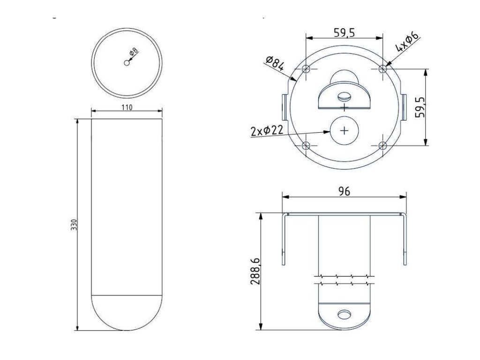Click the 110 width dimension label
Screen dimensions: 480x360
[x=127, y=107]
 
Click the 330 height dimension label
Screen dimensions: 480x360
[x=75, y=225]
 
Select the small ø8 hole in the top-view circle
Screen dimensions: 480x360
[x=127, y=63]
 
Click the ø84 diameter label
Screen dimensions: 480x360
[x=275, y=63]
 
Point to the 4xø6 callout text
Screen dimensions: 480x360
[x=407, y=42]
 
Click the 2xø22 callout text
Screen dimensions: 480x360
[x=267, y=131]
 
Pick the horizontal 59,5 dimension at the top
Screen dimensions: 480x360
[x=345, y=32]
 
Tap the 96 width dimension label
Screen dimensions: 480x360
[x=345, y=191]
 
